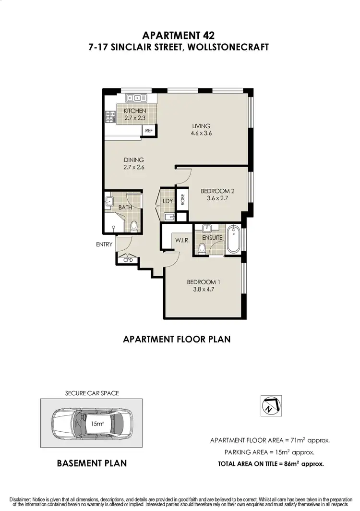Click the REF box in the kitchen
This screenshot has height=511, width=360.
coord(148,130)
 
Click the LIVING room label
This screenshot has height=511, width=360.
coord(202,126)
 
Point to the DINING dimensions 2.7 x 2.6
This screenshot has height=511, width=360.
coord(134,168)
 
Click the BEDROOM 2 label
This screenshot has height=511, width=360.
coord(217,191)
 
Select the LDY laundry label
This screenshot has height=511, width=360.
coord(168,201)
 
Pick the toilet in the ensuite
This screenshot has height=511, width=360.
coord(202,248)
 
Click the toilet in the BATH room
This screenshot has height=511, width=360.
coord(134,226)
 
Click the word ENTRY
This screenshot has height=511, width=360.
coord(104,244)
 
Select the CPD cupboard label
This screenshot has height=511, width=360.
coord(128,260)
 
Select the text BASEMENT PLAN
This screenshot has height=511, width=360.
coord(92,463)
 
